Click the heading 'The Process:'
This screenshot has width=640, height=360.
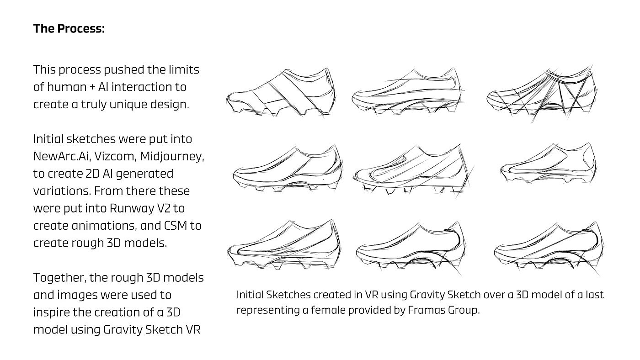69,29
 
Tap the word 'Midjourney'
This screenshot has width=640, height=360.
171,156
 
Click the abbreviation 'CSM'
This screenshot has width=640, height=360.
174,226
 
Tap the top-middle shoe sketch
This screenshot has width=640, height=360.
406,93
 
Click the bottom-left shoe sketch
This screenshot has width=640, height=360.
284,247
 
